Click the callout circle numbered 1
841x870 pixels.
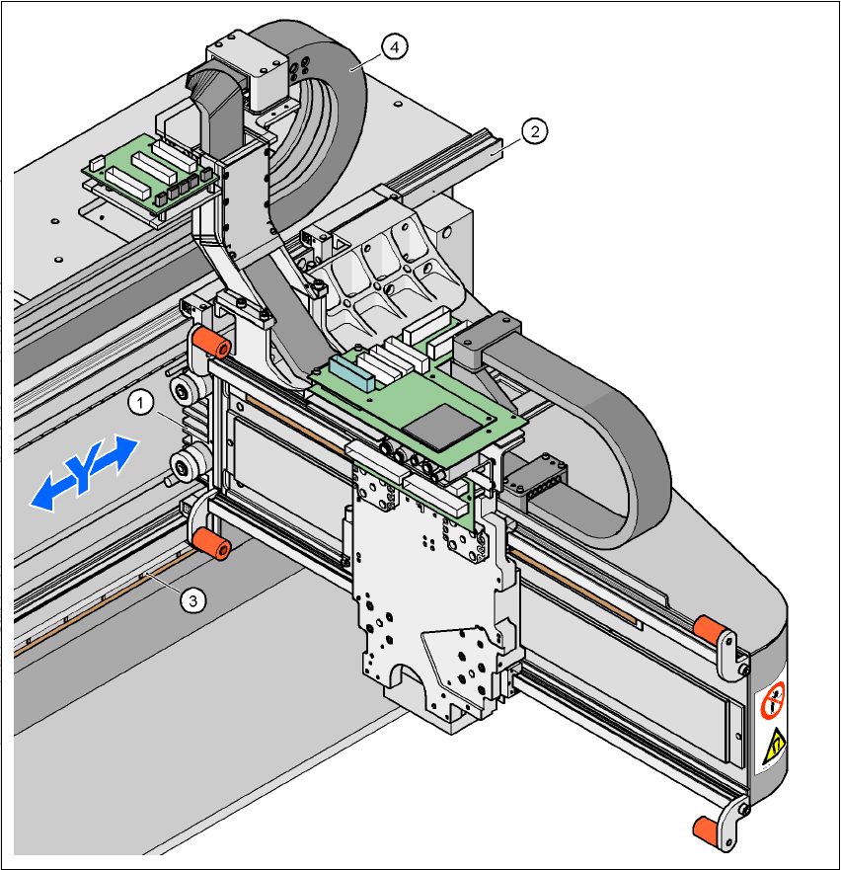(141, 403)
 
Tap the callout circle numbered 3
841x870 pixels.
(194, 597)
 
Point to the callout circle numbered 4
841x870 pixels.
(395, 45)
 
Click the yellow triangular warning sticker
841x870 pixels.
(776, 742)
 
